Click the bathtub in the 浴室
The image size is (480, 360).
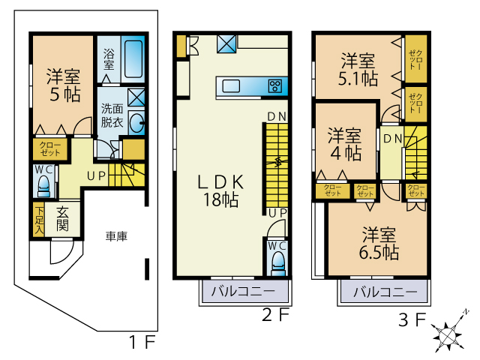(133, 59)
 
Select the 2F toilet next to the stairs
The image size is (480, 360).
(278, 263)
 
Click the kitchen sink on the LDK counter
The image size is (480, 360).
(231, 85)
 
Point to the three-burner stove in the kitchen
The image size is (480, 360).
(275, 85)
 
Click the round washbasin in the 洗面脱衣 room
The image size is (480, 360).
(136, 123)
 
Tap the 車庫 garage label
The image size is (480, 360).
(116, 236)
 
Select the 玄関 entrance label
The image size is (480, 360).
(62, 219)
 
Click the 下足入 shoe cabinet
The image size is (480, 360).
(39, 219)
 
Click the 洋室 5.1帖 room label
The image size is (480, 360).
(358, 69)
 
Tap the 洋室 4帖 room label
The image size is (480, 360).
(345, 144)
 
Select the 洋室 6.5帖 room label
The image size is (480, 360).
(379, 243)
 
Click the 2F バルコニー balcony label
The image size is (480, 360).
(243, 291)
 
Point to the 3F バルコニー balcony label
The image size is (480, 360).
(385, 292)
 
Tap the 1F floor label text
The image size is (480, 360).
(142, 342)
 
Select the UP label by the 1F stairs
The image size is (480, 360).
(97, 176)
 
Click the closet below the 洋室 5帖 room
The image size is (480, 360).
(50, 149)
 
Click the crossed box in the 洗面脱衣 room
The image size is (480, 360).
(136, 97)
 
